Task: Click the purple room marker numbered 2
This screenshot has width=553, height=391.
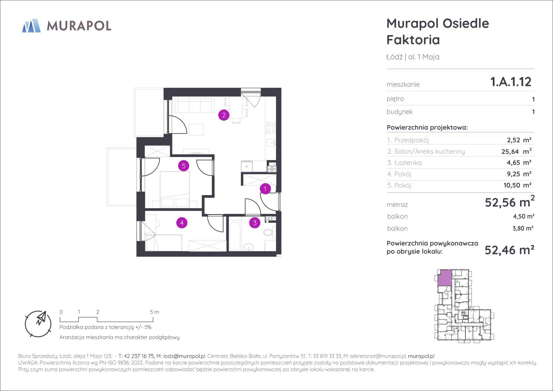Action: (x=224, y=115)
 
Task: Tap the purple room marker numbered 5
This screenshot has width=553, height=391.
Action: (x=184, y=166)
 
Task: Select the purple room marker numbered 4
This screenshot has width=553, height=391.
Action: (x=182, y=223)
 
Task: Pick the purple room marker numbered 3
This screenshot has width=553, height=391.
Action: (x=255, y=223)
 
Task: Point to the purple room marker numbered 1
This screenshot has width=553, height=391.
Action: (x=265, y=189)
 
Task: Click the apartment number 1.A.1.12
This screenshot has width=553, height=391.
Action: (x=511, y=82)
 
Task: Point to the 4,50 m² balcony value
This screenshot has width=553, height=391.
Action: (x=524, y=216)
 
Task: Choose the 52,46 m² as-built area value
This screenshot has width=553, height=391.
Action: (x=510, y=250)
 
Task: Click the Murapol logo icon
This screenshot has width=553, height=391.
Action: (x=31, y=26)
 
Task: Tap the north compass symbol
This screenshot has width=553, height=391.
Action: (x=38, y=324)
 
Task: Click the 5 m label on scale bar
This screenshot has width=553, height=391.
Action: (x=155, y=312)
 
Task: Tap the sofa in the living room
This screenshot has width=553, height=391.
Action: (x=195, y=105)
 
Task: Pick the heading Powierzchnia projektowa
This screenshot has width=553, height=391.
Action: (x=427, y=127)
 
